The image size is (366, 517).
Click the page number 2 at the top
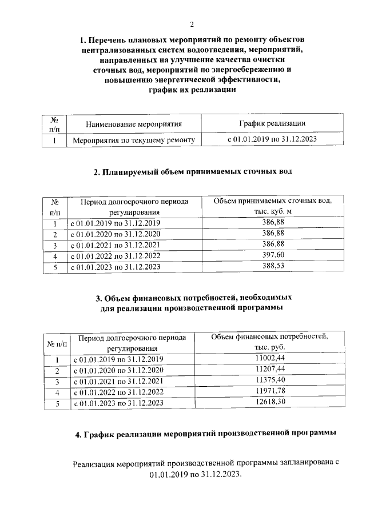(192, 24)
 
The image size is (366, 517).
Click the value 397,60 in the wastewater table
(273, 255)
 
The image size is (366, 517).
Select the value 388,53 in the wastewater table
(273, 266)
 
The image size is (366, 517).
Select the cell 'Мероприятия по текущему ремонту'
(133, 139)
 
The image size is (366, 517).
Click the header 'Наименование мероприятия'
(133, 123)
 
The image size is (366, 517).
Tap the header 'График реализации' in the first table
(272, 123)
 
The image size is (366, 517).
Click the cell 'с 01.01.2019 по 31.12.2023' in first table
(272, 139)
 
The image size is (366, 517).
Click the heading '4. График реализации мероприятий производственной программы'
(205, 435)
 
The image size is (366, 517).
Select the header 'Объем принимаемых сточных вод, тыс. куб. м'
(273, 206)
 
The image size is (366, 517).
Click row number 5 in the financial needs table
(57, 403)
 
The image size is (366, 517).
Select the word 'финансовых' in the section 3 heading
(160, 298)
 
